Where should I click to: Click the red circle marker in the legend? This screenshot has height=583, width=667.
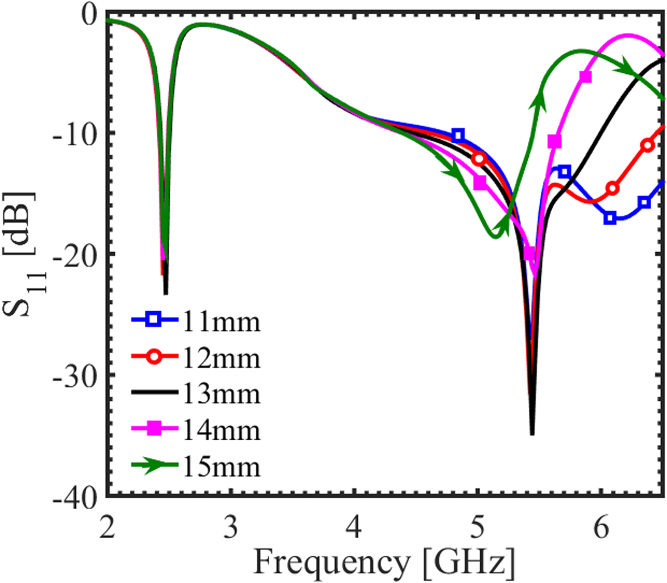[x=154, y=356]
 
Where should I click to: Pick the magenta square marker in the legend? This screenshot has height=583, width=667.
[x=154, y=429]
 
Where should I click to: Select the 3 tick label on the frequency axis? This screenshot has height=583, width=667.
[x=231, y=527]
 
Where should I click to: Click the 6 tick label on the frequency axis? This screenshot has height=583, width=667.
[x=601, y=527]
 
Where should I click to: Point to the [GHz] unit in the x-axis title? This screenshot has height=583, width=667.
[x=469, y=563]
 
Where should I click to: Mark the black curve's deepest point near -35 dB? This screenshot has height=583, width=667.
[x=532, y=433]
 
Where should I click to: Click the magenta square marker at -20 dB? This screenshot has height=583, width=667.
[x=529, y=253]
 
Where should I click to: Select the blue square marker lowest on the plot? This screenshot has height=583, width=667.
[x=610, y=218]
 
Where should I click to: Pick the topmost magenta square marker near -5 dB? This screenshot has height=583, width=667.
[x=586, y=77]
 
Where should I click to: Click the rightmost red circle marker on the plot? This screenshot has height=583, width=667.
[x=647, y=145]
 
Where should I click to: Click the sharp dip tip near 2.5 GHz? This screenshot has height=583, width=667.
[x=165, y=293]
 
